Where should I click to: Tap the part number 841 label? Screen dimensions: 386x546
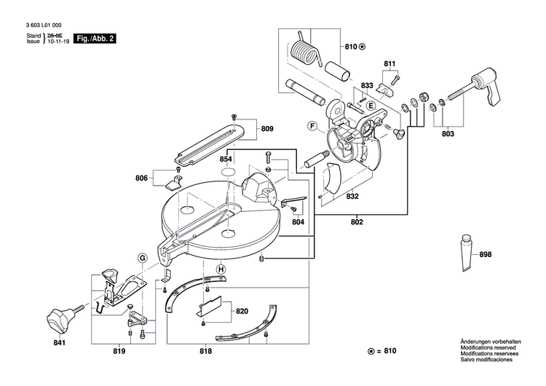tap(59, 343)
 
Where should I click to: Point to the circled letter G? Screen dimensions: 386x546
tap(142, 257)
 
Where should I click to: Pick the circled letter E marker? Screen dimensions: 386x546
tap(370, 106)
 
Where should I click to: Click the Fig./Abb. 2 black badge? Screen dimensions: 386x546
tap(95, 39)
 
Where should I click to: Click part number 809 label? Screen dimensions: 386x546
tap(267, 129)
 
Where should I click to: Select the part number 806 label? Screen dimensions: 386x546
tap(141, 177)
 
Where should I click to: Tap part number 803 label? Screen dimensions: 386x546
tap(448, 135)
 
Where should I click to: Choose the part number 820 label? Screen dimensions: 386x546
tap(242, 311)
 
